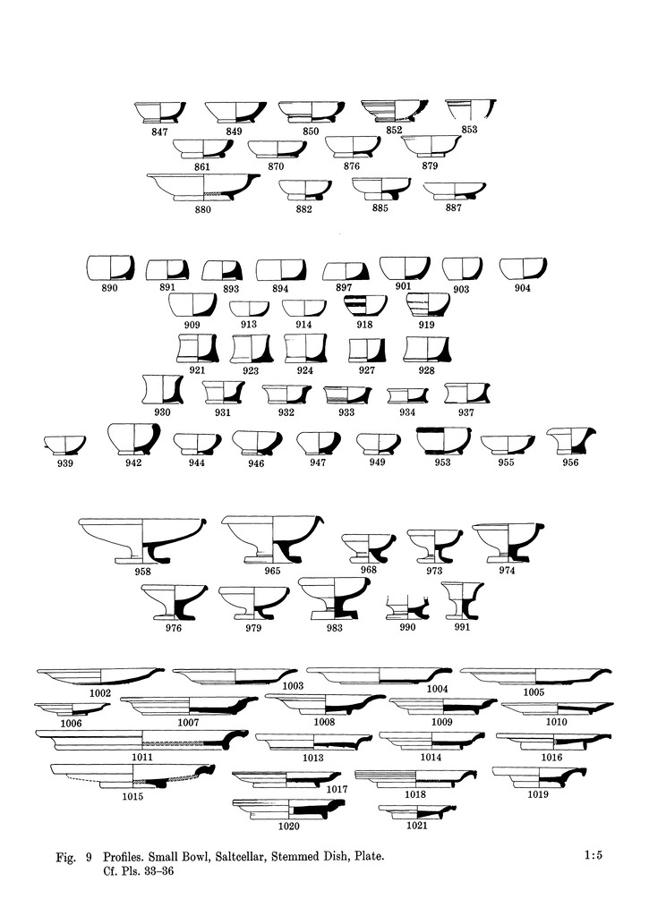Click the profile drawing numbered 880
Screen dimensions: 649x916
tap(203, 187)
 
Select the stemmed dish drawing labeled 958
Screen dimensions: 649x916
tap(142, 540)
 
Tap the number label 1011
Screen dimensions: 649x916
tap(142, 757)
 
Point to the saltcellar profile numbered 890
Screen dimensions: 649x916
tap(110, 268)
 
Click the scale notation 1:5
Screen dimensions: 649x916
tap(593, 856)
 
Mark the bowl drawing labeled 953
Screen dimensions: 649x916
tap(443, 441)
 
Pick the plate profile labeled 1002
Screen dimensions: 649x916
tap(100, 678)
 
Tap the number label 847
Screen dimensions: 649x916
tap(159, 132)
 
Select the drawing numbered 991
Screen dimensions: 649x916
tap(462, 600)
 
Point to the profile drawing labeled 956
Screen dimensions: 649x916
tap(570, 441)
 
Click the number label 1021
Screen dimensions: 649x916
tap(417, 826)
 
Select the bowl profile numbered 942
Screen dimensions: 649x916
tap(134, 439)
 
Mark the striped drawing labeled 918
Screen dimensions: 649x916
tap(365, 306)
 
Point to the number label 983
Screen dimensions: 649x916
tap(335, 628)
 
